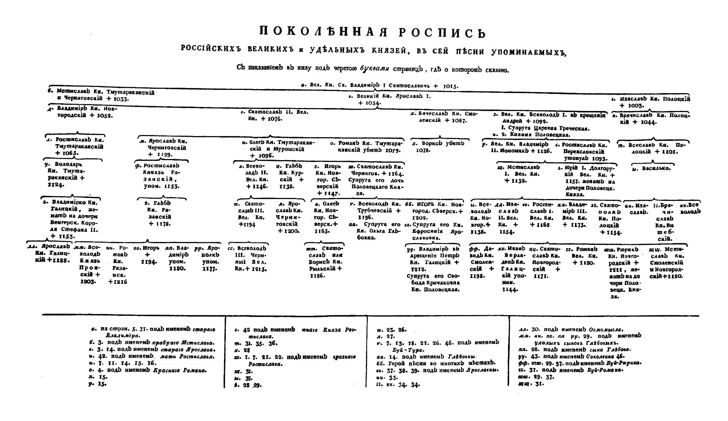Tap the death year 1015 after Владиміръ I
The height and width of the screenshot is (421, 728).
pyautogui.click(x=450, y=86)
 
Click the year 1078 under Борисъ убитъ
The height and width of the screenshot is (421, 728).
pyautogui.click(x=420, y=150)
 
